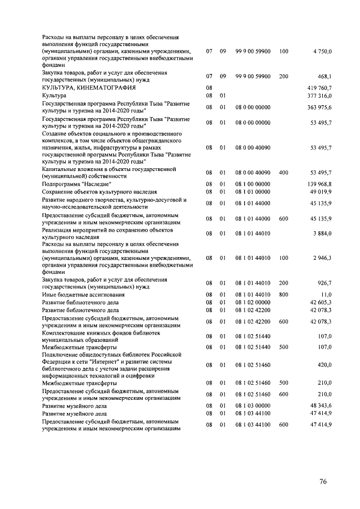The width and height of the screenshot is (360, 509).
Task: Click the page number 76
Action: coord(323,481)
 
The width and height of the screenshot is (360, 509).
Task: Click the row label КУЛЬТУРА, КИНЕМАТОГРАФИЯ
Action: coord(84,88)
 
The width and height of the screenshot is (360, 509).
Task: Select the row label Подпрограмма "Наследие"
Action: coord(76,184)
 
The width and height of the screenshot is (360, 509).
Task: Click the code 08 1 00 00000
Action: coord(253,184)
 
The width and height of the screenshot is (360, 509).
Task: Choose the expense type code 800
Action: coord(283,294)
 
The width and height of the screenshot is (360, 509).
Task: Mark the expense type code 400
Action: coord(283,172)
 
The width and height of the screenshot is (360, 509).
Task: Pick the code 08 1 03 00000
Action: coord(253,406)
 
